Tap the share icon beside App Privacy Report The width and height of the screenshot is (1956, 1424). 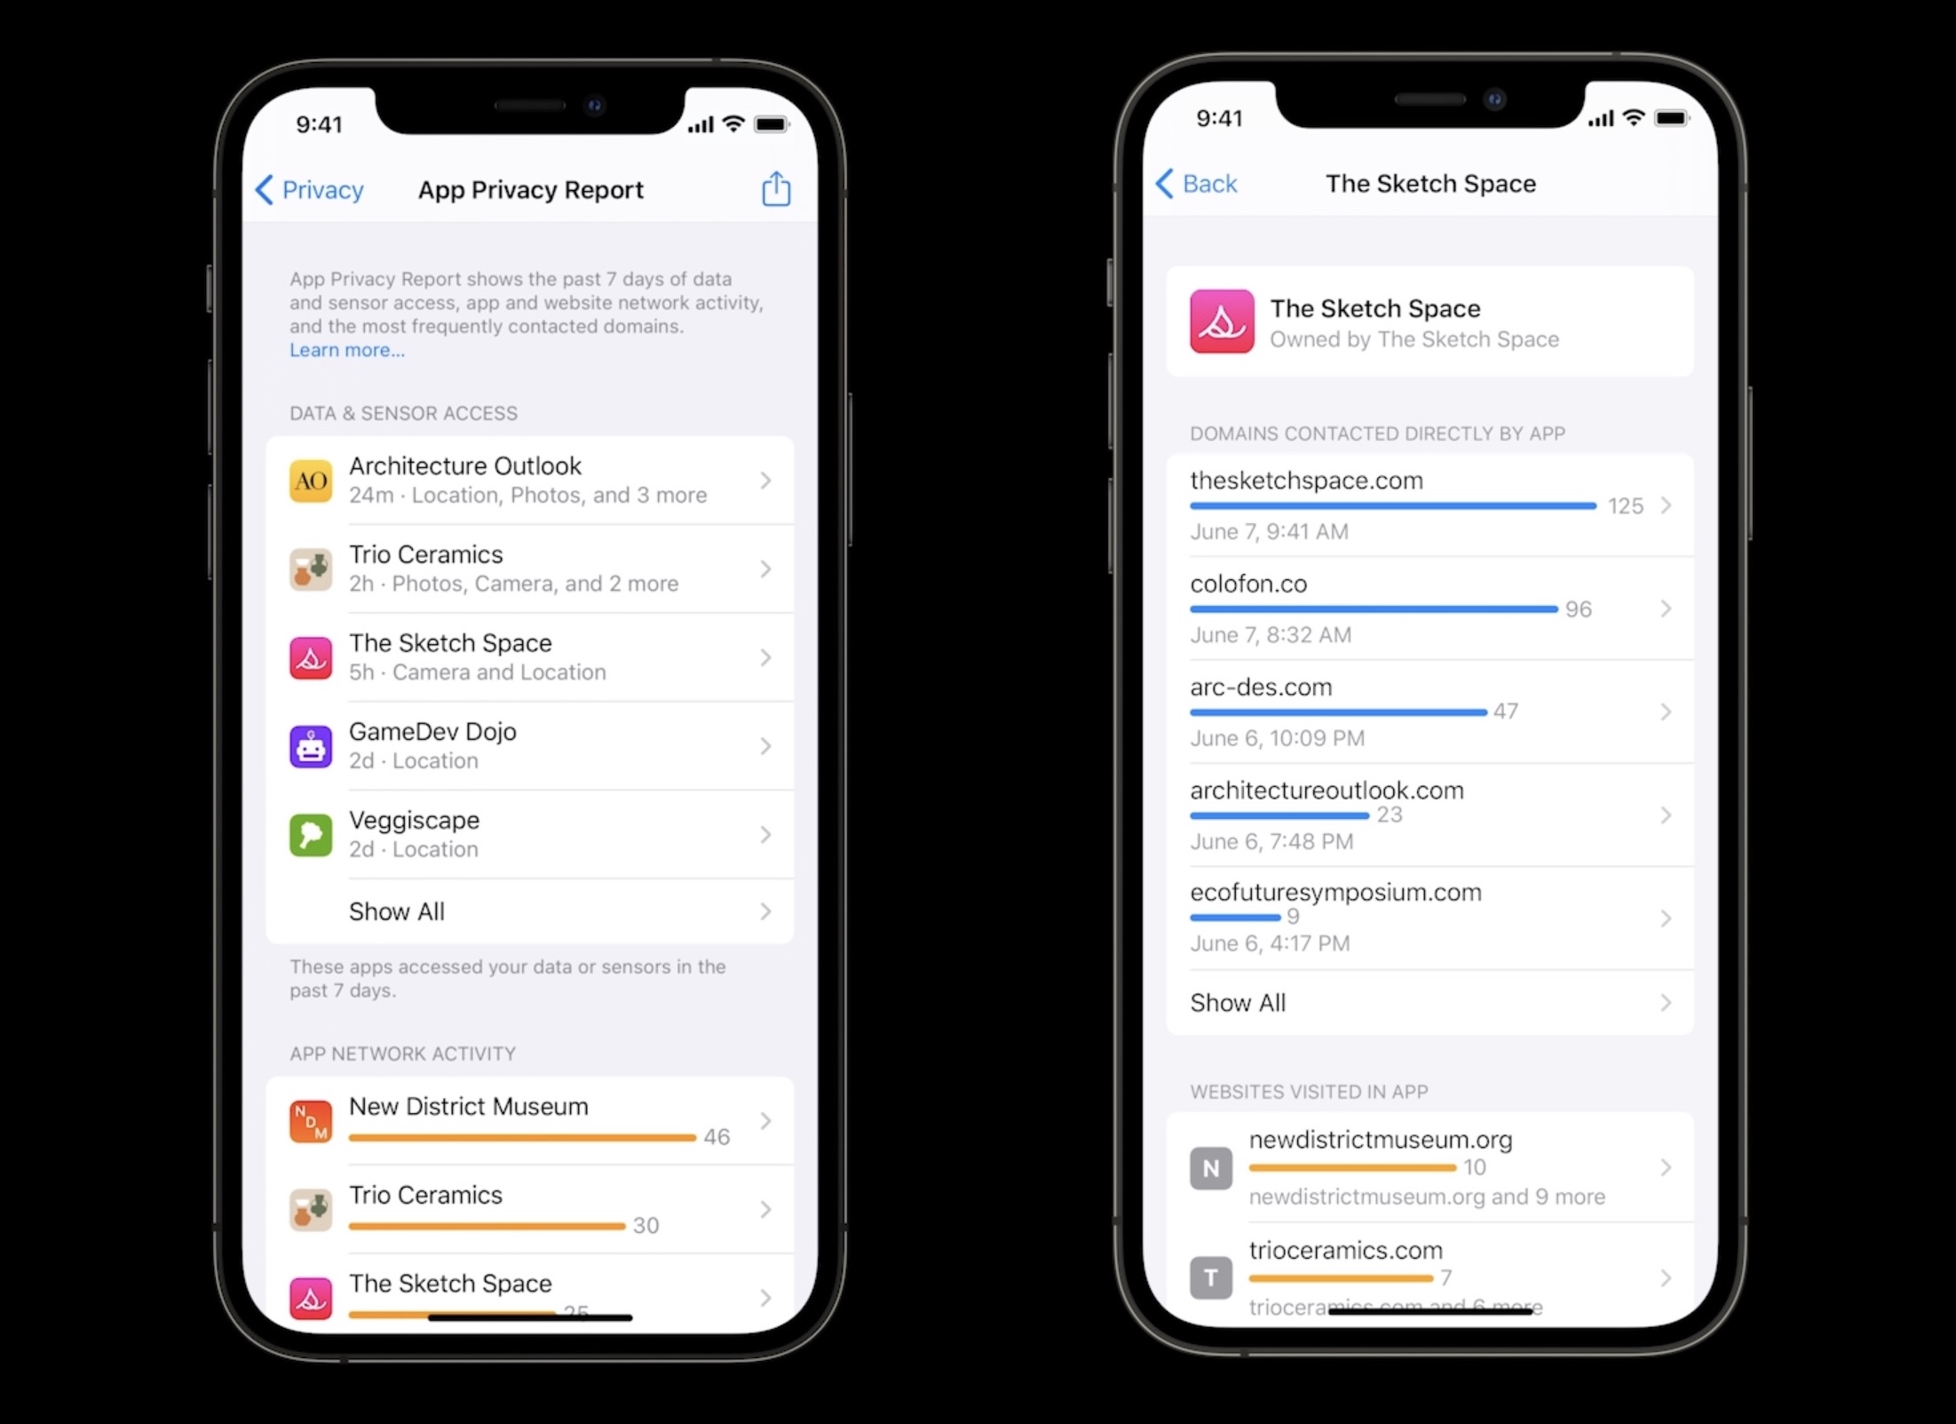775,188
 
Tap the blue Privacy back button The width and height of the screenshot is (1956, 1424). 310,189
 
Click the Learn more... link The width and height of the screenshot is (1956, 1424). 346,350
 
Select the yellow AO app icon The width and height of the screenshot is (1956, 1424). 311,481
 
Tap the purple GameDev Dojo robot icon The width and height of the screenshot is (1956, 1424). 311,746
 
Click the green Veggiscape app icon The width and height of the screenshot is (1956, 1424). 311,834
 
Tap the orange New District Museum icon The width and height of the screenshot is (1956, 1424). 311,1121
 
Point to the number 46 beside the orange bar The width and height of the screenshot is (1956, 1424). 717,1137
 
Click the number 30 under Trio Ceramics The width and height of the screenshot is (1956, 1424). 645,1226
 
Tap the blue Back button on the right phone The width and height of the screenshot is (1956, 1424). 1197,183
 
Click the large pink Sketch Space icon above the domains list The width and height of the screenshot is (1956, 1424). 1222,322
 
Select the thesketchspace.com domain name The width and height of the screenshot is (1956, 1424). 1306,481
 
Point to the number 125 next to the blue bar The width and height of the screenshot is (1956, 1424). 1625,506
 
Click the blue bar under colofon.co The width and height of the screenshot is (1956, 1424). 1373,609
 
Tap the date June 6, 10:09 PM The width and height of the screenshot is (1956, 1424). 1277,738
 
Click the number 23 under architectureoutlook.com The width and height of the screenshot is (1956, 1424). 1389,815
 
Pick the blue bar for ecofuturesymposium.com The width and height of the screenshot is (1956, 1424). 1235,918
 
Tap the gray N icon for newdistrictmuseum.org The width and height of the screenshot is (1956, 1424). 1210,1168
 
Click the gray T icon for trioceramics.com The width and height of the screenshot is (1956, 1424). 1210,1278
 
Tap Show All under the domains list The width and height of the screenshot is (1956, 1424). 1238,1003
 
